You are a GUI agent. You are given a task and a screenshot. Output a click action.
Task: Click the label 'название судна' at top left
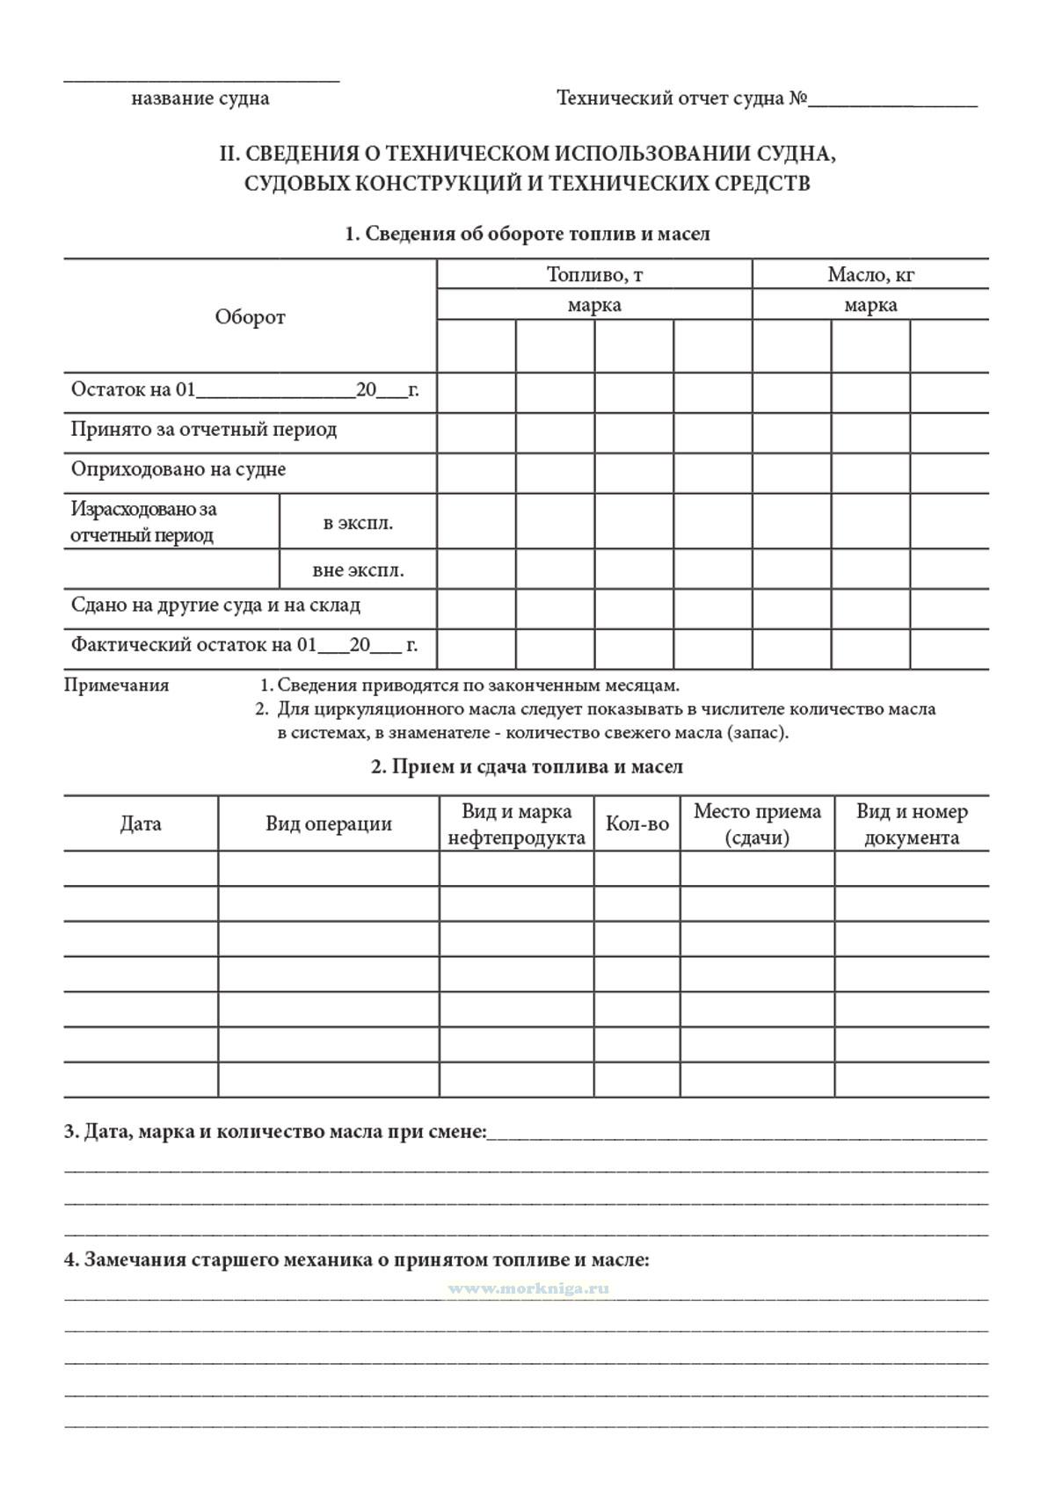pyautogui.click(x=200, y=98)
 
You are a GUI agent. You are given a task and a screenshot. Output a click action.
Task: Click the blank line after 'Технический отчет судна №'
pyautogui.click(x=892, y=103)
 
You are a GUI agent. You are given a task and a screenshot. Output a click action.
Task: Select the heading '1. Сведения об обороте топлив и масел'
pyautogui.click(x=527, y=234)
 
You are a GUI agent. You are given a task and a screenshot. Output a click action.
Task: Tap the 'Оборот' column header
pyautogui.click(x=251, y=317)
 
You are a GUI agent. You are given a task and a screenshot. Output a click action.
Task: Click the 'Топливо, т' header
pyautogui.click(x=594, y=275)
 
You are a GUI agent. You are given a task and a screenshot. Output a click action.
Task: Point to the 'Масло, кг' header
pyautogui.click(x=870, y=275)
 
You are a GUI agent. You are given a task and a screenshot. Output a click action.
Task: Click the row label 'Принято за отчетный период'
pyautogui.click(x=204, y=430)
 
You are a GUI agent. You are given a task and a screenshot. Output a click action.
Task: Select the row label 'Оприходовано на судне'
pyautogui.click(x=178, y=469)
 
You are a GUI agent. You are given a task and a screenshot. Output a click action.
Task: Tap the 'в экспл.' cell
pyautogui.click(x=358, y=523)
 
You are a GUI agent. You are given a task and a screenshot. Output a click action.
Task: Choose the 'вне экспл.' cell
pyautogui.click(x=358, y=570)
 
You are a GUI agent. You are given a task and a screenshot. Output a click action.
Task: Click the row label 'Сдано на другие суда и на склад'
pyautogui.click(x=215, y=606)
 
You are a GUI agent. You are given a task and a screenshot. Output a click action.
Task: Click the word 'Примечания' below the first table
pyautogui.click(x=116, y=685)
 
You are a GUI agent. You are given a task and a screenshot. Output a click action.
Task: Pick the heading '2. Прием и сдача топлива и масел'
pyautogui.click(x=527, y=766)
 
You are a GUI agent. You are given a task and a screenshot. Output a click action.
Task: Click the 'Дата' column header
pyautogui.click(x=141, y=824)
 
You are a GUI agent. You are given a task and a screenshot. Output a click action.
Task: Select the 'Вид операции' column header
pyautogui.click(x=329, y=824)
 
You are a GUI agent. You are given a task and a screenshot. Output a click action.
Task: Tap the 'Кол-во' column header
pyautogui.click(x=637, y=824)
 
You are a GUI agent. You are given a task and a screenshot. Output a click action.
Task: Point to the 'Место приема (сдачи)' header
pyautogui.click(x=757, y=824)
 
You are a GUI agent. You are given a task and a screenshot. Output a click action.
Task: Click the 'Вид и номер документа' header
pyautogui.click(x=912, y=824)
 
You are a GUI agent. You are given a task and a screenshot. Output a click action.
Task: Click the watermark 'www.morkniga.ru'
pyautogui.click(x=528, y=1288)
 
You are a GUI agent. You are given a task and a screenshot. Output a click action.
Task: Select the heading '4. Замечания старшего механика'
pyautogui.click(x=356, y=1260)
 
